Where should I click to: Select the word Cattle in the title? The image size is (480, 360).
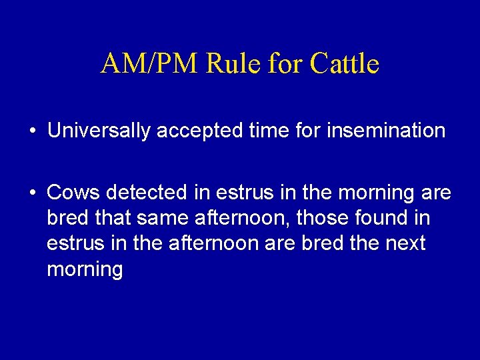(x=345, y=64)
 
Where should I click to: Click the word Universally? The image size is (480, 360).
(x=99, y=131)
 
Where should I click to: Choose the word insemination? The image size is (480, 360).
(x=385, y=131)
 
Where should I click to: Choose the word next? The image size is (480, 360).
(x=404, y=243)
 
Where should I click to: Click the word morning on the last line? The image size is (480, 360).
(x=85, y=270)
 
